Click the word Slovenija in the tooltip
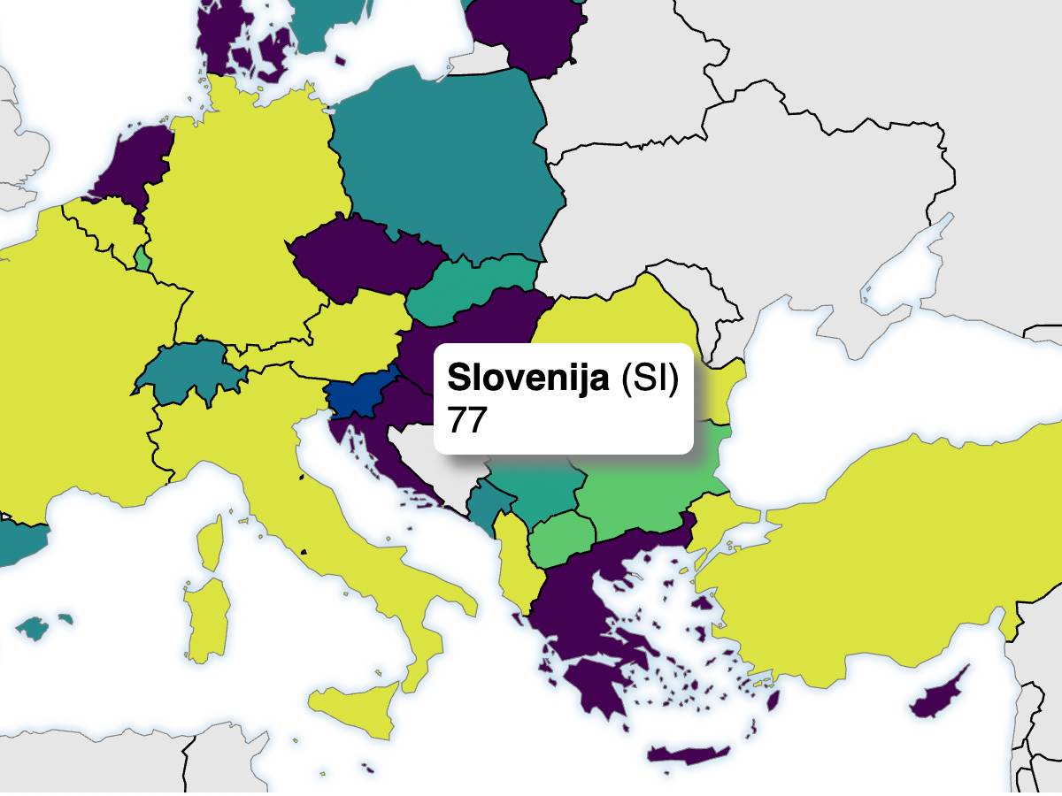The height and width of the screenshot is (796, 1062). pos(527,378)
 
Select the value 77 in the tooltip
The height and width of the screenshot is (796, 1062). pos(467,419)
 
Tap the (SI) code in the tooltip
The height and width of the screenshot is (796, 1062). pos(650,378)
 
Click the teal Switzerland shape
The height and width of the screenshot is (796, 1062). pos(190,371)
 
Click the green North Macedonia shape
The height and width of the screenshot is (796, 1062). pos(562,540)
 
